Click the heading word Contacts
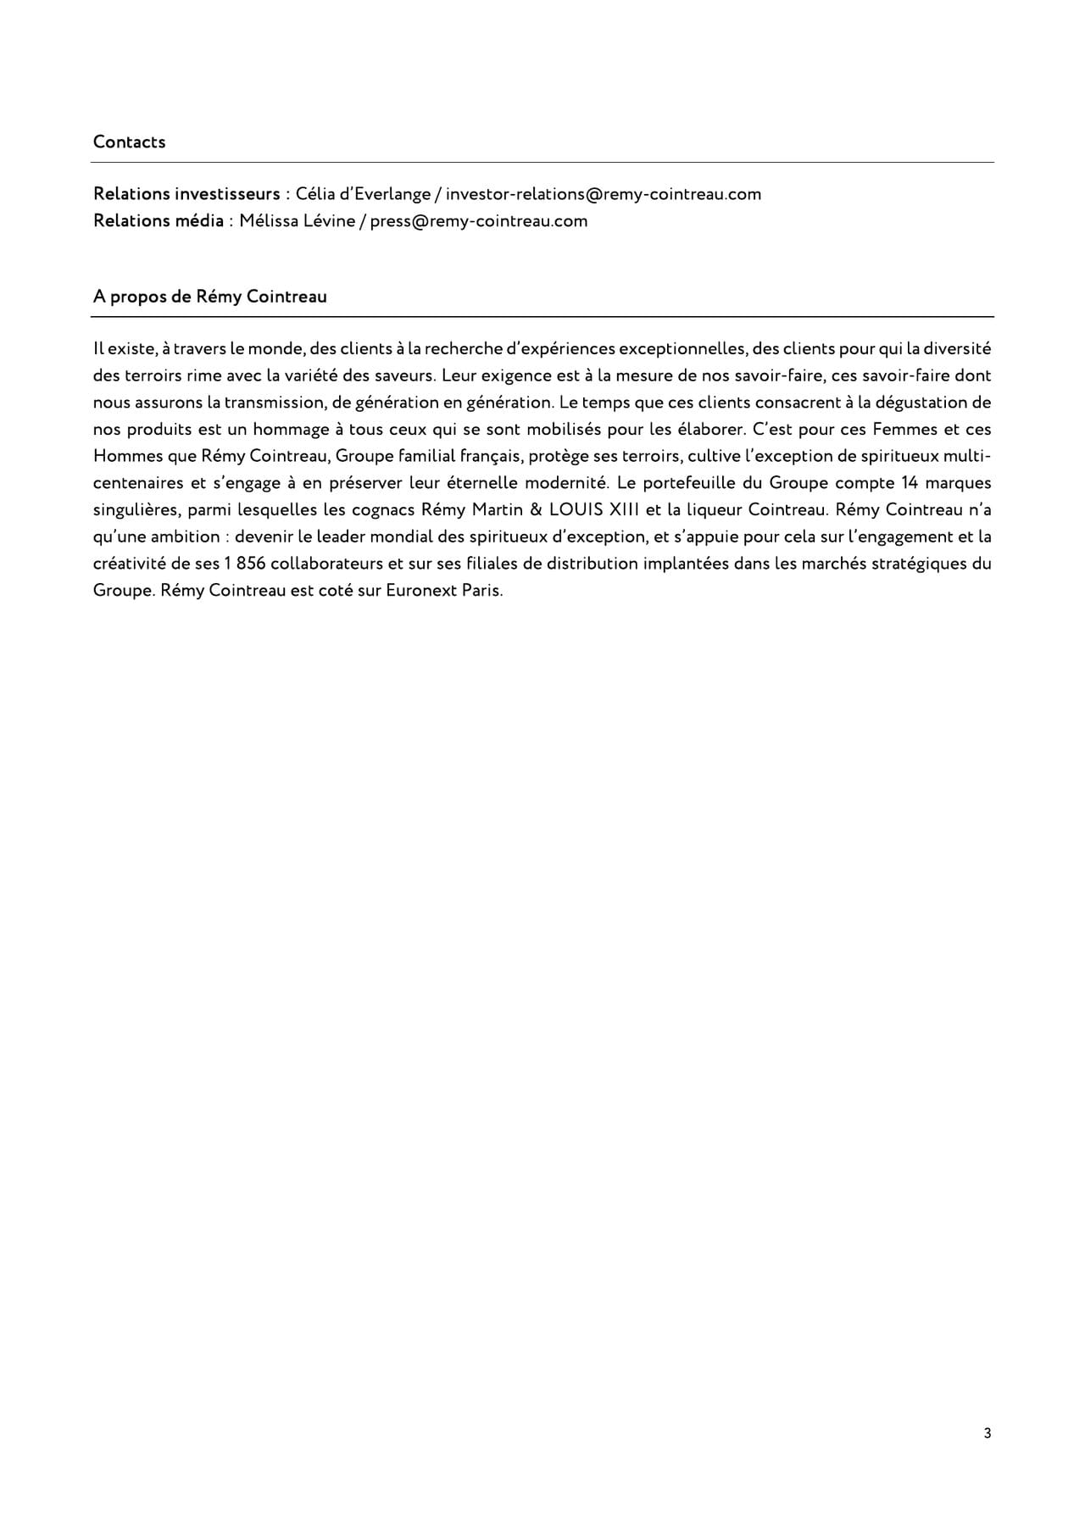[x=129, y=142]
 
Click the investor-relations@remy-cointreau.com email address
[x=603, y=194]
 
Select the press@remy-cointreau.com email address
[x=478, y=221]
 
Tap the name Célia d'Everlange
[x=363, y=194]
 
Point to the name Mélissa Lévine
[x=297, y=221]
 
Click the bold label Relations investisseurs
[x=186, y=194]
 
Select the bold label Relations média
[x=159, y=221]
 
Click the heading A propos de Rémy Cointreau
[x=209, y=297]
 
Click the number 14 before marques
[x=911, y=483]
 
